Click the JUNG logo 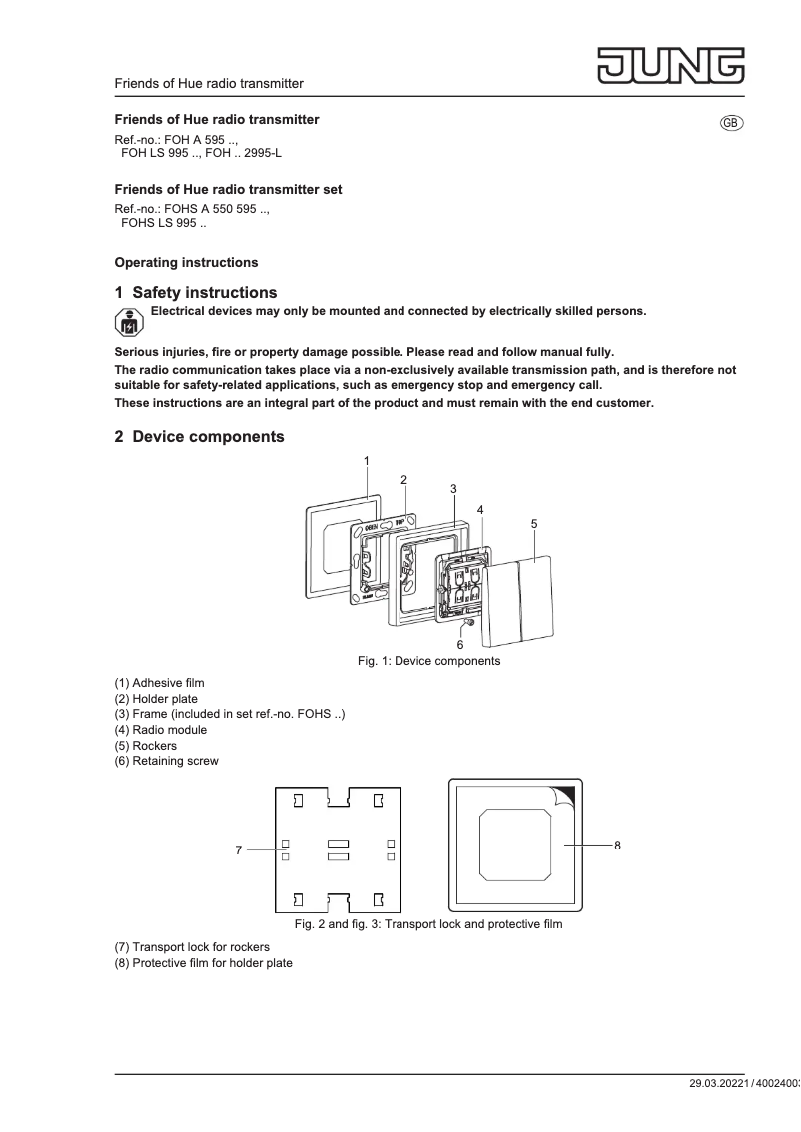(671, 64)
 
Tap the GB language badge (731, 122)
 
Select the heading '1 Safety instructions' (196, 293)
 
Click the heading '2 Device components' (199, 437)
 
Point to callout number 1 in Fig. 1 (367, 461)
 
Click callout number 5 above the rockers (534, 523)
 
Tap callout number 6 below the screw (460, 645)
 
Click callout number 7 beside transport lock (239, 849)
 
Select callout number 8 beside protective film (617, 845)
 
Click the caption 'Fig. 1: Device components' (429, 661)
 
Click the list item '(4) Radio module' (161, 730)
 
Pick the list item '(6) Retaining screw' (167, 761)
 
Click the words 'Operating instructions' (186, 263)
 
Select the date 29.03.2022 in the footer (717, 1084)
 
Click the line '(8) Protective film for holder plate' (204, 963)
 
